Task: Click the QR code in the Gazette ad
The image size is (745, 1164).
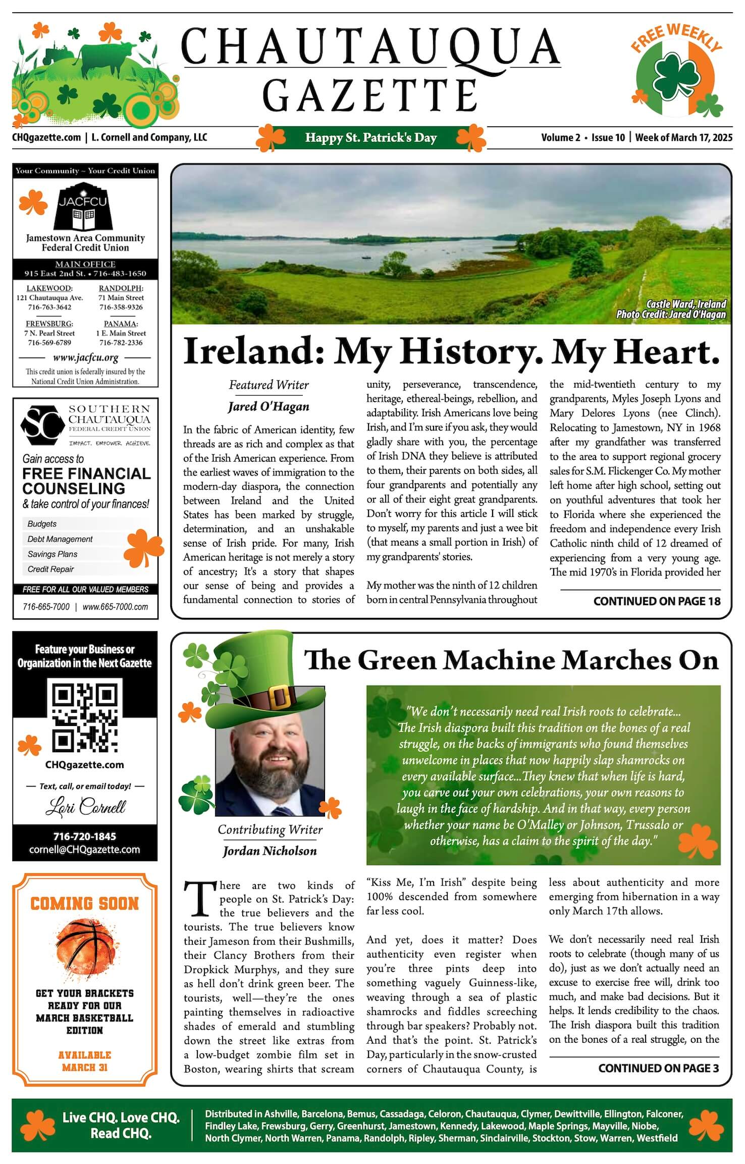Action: pyautogui.click(x=85, y=717)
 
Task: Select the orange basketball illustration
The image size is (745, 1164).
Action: pyautogui.click(x=84, y=949)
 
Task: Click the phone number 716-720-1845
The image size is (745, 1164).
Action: pyautogui.click(x=85, y=836)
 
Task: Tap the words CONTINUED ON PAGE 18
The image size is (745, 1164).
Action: pyautogui.click(x=657, y=601)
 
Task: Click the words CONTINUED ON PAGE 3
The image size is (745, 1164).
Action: pyautogui.click(x=659, y=1069)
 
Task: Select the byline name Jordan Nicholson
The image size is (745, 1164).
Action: pyautogui.click(x=270, y=851)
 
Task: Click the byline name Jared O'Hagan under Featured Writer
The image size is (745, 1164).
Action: pyautogui.click(x=269, y=407)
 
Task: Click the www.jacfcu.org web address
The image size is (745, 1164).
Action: pyautogui.click(x=85, y=358)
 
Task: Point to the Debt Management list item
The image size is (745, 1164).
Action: pyautogui.click(x=60, y=539)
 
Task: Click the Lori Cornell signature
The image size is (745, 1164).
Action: pyautogui.click(x=85, y=807)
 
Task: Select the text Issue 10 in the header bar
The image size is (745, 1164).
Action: pyautogui.click(x=608, y=137)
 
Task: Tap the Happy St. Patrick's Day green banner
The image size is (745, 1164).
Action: pyautogui.click(x=371, y=137)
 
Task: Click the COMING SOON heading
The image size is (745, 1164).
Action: pyautogui.click(x=84, y=903)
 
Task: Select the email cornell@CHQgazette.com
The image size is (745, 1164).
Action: pyautogui.click(x=85, y=850)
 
